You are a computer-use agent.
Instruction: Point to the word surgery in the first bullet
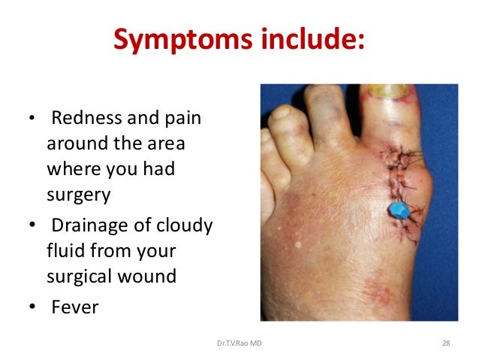(x=78, y=195)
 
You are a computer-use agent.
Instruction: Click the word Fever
(x=74, y=307)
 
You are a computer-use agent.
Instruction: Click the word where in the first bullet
(x=73, y=169)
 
